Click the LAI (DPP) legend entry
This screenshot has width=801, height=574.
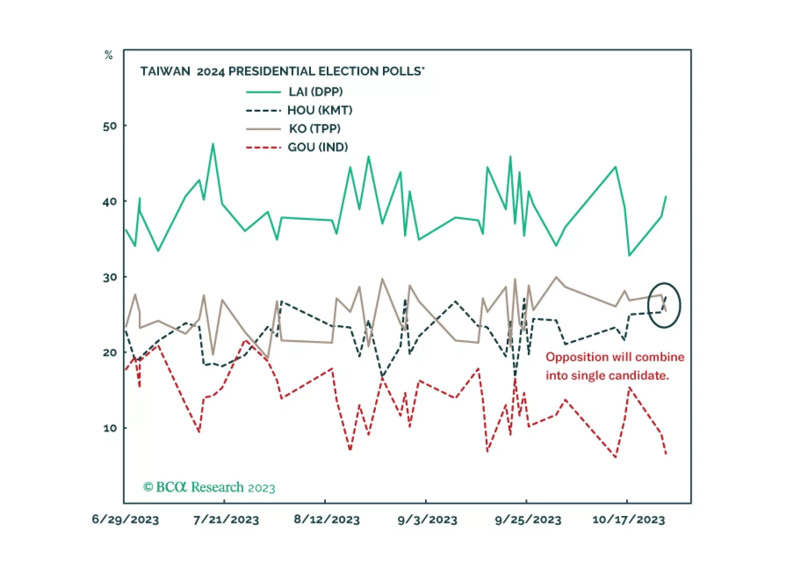coord(315,92)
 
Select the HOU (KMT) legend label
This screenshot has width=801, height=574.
coord(319,110)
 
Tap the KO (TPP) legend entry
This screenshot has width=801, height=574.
coord(314,129)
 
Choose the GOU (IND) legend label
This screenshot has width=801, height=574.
coord(317,148)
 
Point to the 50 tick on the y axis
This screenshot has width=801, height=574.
coord(110,126)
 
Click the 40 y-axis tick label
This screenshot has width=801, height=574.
coord(110,202)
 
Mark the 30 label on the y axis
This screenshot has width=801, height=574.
coord(110,277)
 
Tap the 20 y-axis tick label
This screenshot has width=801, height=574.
coord(110,353)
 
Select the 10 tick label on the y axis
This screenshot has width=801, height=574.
coord(110,428)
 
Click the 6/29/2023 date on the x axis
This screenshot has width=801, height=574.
coord(125,519)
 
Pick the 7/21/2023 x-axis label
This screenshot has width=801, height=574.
coord(226,519)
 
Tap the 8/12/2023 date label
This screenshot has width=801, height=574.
coord(327,519)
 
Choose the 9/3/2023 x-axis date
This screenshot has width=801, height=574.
coord(428,519)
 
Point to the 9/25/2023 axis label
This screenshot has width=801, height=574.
coord(528,519)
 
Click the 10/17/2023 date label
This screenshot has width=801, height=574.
coord(629,519)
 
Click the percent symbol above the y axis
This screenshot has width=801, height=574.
coord(108,55)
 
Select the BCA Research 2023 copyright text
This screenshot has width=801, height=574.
coord(209,487)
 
